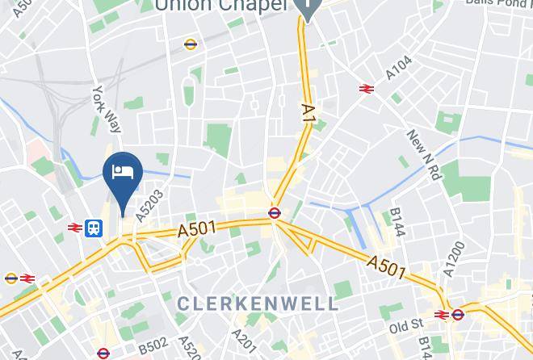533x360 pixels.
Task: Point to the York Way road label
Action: (x=107, y=108)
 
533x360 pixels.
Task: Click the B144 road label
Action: (x=397, y=222)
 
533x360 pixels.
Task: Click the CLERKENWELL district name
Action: (x=258, y=303)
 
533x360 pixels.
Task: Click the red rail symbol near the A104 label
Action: (x=367, y=88)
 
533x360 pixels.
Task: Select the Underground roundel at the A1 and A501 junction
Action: (x=275, y=213)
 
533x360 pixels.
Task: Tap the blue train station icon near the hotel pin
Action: (x=94, y=228)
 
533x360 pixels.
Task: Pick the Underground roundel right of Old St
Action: (x=458, y=314)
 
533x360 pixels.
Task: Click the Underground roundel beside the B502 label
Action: (x=103, y=353)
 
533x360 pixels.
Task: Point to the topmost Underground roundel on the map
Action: (x=191, y=44)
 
